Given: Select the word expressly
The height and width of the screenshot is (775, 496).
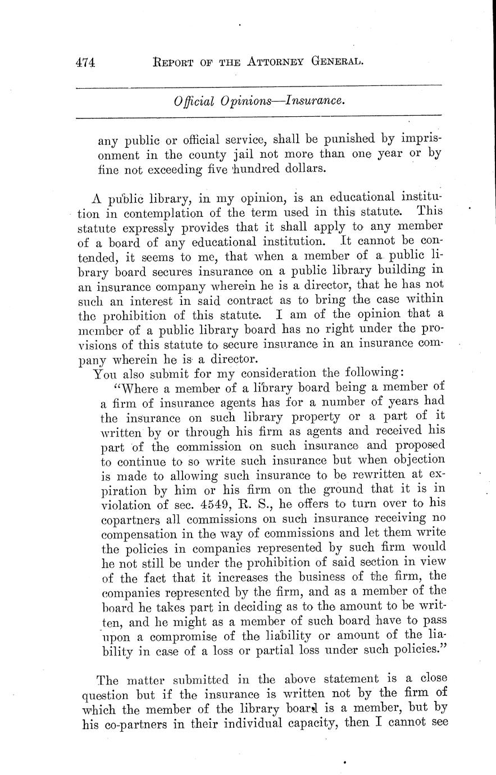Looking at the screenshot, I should pos(152,227).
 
